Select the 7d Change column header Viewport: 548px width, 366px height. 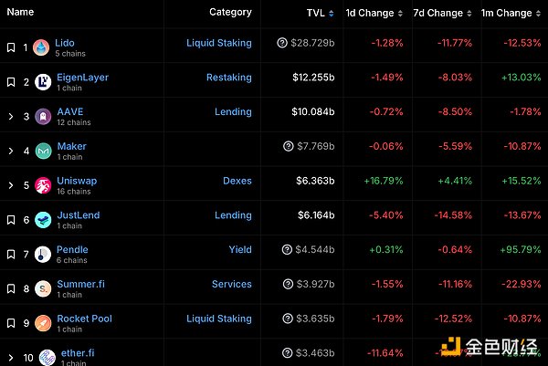[x=437, y=13]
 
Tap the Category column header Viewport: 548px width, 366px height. [x=230, y=12]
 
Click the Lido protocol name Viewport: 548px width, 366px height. [x=65, y=42]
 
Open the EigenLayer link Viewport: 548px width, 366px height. [x=82, y=77]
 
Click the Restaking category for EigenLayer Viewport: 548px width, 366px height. [x=228, y=78]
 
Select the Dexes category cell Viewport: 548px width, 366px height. [x=237, y=181]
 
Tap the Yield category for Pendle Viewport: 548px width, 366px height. [x=240, y=249]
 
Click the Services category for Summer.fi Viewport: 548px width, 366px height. [x=231, y=284]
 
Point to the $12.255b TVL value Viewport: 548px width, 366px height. [x=312, y=78]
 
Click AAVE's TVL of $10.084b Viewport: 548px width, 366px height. [x=312, y=112]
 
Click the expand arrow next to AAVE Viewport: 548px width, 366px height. [x=10, y=116]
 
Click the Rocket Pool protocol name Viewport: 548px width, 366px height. [x=84, y=318]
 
